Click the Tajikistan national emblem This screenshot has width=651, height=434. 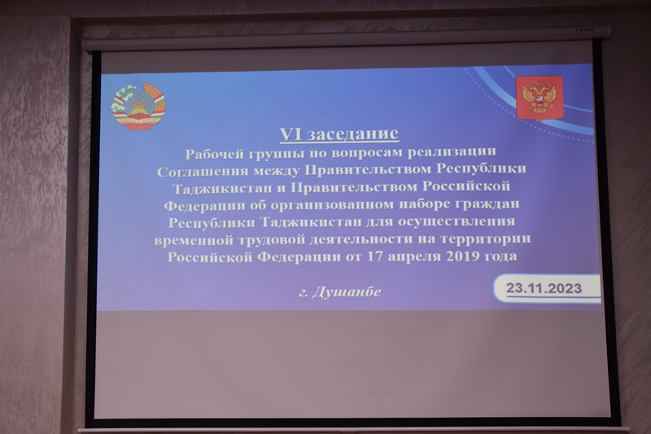pyautogui.click(x=138, y=107)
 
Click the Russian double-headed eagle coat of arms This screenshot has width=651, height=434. pyautogui.click(x=540, y=99)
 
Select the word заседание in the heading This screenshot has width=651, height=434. pyautogui.click(x=354, y=134)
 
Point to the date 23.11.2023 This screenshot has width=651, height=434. pyautogui.click(x=544, y=287)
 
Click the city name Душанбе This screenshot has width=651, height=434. pyautogui.click(x=347, y=292)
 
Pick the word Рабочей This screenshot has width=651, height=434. pyautogui.click(x=214, y=154)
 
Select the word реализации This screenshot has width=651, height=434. pyautogui.click(x=452, y=151)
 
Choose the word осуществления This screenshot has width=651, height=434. pyautogui.click(x=457, y=221)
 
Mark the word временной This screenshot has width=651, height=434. pyautogui.click(x=194, y=240)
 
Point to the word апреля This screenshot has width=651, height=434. pyautogui.click(x=414, y=257)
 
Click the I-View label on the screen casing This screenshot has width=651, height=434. pyautogui.click(x=585, y=30)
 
